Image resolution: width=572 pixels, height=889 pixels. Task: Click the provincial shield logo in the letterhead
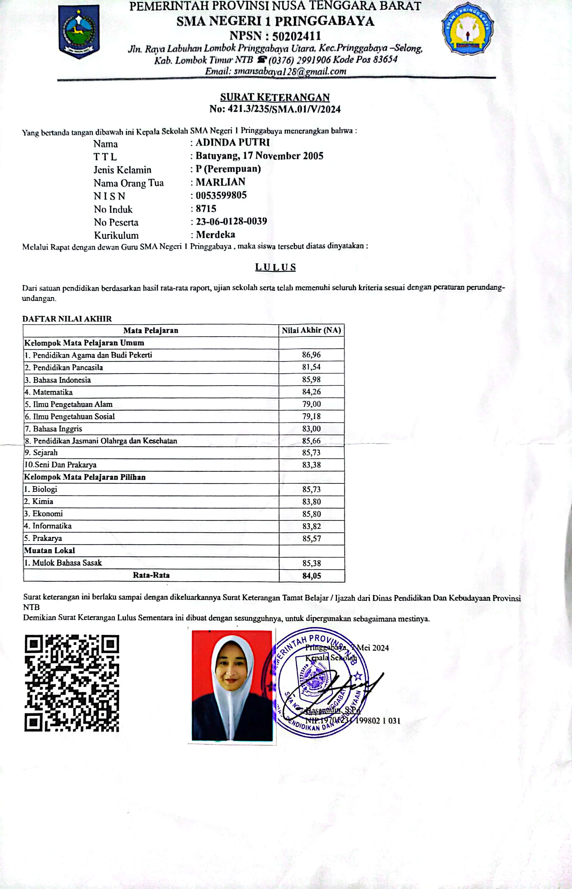[79, 31]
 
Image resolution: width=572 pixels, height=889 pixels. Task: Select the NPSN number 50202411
[297, 36]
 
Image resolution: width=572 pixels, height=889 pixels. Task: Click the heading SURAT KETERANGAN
[275, 97]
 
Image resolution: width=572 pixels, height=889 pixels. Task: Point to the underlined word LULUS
[275, 267]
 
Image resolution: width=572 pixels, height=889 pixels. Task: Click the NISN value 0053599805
[221, 195]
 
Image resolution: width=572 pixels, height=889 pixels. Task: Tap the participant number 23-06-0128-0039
[232, 222]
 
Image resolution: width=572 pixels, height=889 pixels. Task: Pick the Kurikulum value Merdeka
[215, 235]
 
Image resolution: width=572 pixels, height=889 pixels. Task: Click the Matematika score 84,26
[311, 392]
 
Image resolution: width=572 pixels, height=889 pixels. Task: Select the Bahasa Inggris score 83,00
[311, 428]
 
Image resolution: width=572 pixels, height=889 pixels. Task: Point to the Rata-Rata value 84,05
[311, 576]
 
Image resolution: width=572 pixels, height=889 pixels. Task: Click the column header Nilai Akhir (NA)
[311, 330]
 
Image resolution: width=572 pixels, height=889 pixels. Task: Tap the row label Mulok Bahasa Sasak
[67, 563]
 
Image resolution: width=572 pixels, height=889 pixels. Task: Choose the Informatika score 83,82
[311, 526]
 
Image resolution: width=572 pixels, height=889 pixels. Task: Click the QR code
[72, 683]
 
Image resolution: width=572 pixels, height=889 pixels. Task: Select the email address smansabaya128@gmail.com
[290, 71]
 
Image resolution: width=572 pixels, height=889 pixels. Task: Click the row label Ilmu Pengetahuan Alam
[72, 404]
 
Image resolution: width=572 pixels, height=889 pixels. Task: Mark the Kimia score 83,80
[311, 501]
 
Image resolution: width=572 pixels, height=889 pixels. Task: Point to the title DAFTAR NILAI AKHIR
[67, 319]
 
